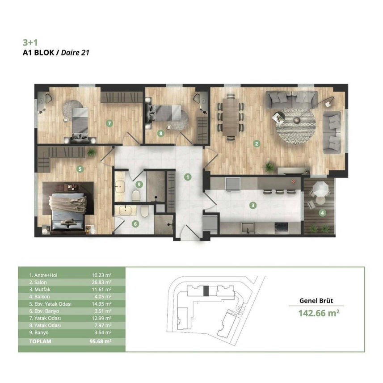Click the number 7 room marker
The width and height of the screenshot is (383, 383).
coord(109,123)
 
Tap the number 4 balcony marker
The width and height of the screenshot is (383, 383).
coord(322,213)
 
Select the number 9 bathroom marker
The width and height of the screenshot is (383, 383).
coord(139,184)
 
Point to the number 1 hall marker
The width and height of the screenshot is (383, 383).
coord(188,177)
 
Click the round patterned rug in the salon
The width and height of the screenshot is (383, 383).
coord(296,126)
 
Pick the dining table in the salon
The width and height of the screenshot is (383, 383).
coord(231,117)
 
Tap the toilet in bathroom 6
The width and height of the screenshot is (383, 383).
coord(145,211)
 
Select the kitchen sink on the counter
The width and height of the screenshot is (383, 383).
coord(248,228)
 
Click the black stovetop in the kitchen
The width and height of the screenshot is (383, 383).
coord(281,228)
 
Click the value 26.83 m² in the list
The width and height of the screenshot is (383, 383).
coord(101,282)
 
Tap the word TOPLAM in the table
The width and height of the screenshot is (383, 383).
coord(40,341)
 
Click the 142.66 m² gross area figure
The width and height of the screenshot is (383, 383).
coord(319,313)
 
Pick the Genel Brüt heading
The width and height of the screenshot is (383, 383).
coord(316,301)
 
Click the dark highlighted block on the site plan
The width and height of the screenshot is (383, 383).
coord(206,291)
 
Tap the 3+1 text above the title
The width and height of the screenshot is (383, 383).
coord(30,42)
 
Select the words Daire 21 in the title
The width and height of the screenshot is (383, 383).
coord(75,53)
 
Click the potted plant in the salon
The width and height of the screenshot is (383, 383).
coord(269,167)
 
